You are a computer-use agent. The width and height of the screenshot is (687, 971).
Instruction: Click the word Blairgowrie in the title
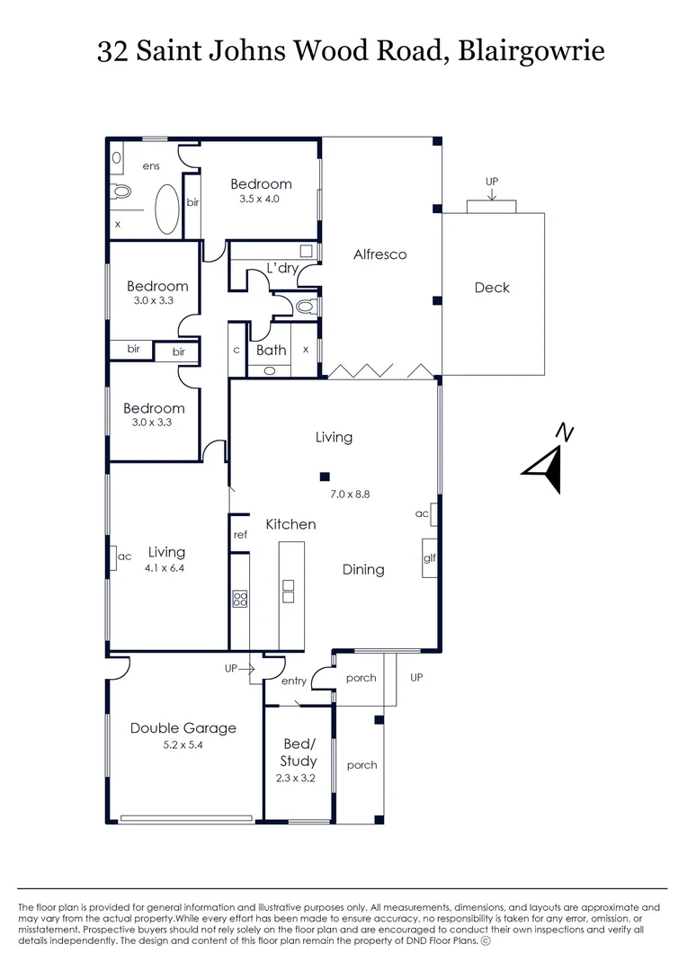531,51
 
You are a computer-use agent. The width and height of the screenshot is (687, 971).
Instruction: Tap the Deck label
492,288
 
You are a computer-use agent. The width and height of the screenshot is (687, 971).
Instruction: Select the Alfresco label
379,254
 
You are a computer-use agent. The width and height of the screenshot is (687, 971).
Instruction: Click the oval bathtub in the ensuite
167,209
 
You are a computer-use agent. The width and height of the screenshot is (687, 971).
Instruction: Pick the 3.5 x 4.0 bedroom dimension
260,199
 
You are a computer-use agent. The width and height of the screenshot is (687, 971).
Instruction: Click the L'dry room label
282,268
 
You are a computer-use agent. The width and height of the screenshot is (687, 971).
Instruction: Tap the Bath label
271,350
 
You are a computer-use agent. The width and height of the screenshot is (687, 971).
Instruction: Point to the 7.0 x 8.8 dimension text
350,494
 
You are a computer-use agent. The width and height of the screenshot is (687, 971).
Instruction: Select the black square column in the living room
326,477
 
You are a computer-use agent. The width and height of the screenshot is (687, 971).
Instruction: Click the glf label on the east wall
430,558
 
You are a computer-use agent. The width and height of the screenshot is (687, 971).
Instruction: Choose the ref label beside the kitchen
240,535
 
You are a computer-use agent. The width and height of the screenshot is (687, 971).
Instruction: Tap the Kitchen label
290,524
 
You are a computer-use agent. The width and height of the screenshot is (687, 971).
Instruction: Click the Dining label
363,569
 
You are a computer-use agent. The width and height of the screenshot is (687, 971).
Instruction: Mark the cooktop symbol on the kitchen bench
240,599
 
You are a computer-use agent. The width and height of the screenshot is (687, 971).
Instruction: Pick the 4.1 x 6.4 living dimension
166,568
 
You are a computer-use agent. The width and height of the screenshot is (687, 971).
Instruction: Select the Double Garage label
183,728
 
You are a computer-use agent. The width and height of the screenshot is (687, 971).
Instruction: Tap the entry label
293,681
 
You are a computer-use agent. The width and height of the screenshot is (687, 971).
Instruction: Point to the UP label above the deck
492,182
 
